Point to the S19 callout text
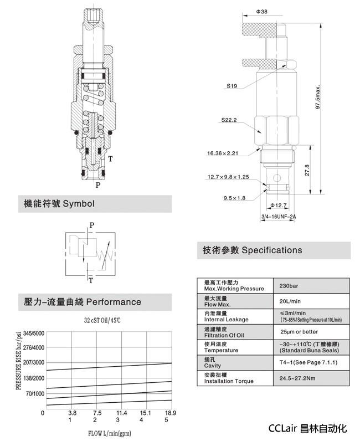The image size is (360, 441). (232, 86)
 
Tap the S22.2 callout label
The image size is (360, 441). (229, 120)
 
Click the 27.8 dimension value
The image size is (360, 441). (307, 170)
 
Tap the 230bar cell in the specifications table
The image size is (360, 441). (290, 286)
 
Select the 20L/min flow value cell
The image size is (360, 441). (291, 301)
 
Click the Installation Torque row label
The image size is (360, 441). (229, 381)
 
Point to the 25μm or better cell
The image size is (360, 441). (299, 332)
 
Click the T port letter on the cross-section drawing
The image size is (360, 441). (111, 159)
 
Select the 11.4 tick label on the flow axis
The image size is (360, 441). (121, 413)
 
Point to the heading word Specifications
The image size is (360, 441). (272, 250)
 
